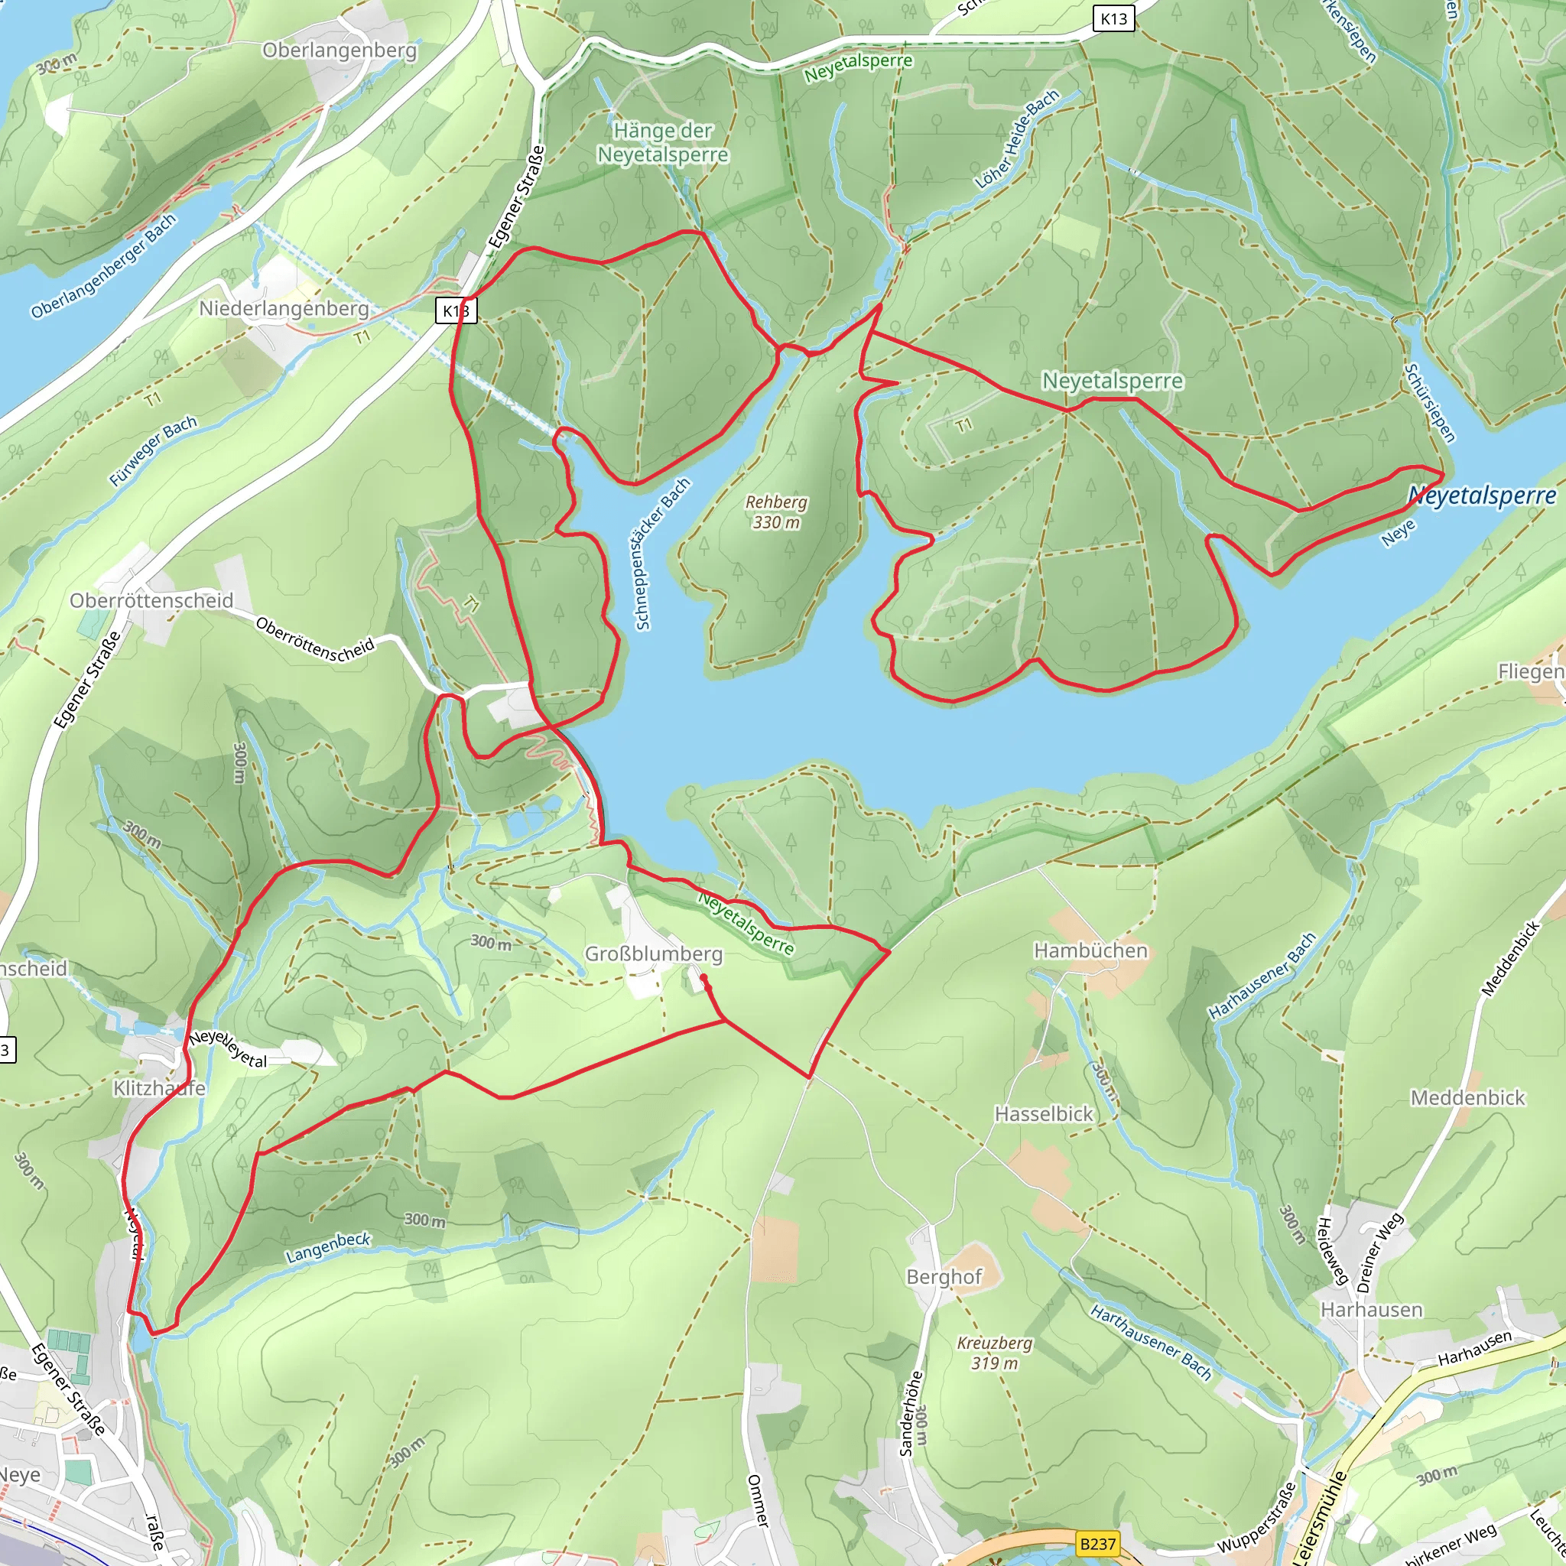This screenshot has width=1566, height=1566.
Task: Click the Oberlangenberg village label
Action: tap(340, 50)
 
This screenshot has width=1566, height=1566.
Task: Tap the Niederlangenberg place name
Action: tap(284, 309)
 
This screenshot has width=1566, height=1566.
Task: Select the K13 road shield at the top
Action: tap(1113, 18)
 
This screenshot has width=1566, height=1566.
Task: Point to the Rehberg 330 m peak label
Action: tap(777, 512)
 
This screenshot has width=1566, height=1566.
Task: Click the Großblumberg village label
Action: tap(653, 954)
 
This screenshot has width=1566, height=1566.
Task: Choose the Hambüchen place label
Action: tap(1090, 950)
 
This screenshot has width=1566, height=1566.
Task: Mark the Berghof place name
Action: tap(944, 1277)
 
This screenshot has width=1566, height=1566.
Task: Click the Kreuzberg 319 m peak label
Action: tap(995, 1353)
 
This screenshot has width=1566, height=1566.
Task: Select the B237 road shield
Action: tap(1097, 1544)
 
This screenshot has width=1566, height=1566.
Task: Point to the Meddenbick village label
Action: tap(1467, 1097)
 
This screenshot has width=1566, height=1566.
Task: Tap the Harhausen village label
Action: tap(1372, 1310)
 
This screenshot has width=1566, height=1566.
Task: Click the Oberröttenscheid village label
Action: tap(151, 600)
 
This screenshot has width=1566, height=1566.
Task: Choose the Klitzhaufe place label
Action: tap(159, 1088)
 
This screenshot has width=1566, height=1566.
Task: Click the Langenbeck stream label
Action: tap(328, 1247)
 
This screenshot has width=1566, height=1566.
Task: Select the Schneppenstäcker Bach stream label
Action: tap(662, 554)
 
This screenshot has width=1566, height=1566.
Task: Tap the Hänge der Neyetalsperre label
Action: tap(662, 143)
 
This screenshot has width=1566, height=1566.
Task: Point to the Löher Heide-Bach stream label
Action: tap(1017, 139)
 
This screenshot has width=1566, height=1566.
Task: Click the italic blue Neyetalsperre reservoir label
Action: tap(1482, 495)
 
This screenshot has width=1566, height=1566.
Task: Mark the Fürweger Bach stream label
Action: tap(153, 450)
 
